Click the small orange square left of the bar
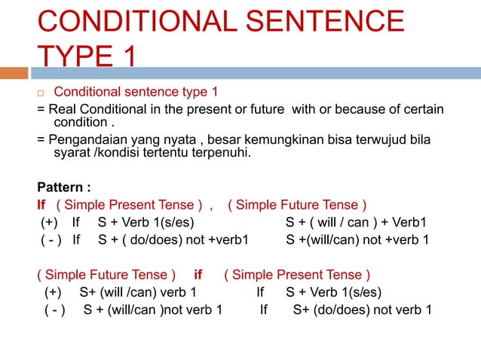click(14, 73)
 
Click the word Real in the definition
click(63, 111)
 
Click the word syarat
click(71, 155)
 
